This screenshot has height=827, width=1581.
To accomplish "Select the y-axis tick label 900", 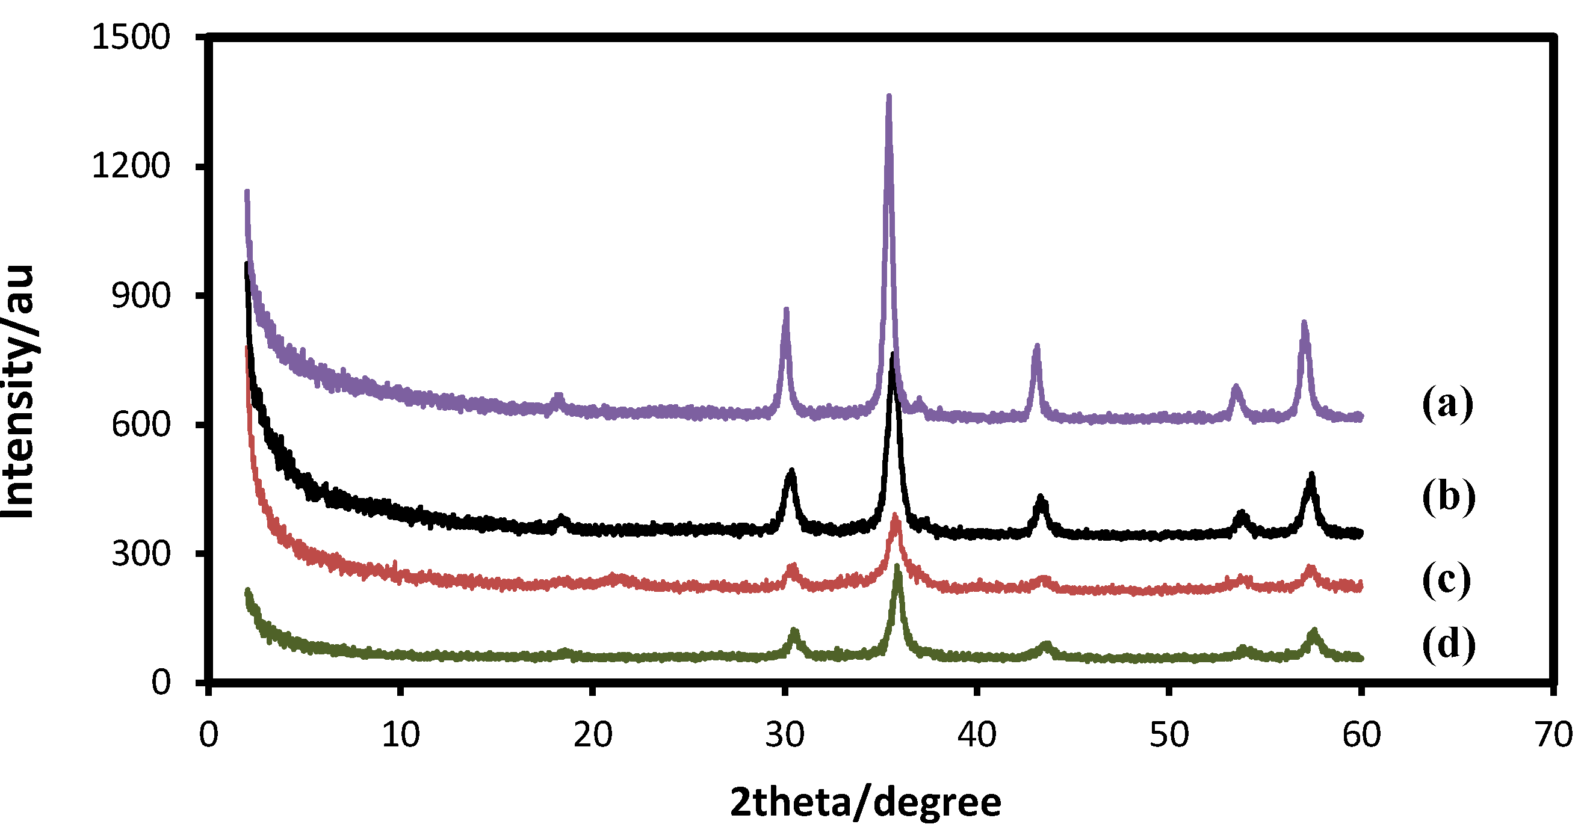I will [141, 296].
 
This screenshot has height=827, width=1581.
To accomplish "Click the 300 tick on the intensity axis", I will [141, 553].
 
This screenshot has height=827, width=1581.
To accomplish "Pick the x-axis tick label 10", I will [401, 734].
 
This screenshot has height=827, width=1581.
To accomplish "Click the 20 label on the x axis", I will [593, 734].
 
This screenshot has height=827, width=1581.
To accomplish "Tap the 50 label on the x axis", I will [1169, 734].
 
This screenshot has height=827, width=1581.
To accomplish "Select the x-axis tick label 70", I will [1553, 734].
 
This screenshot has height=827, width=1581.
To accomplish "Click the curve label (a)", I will [1448, 403].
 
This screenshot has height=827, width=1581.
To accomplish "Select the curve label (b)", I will [1449, 496].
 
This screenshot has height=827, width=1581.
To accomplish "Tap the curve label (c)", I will [1447, 579].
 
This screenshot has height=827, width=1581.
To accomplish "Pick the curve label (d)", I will [1449, 644].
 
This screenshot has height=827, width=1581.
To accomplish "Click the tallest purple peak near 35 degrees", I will [889, 98].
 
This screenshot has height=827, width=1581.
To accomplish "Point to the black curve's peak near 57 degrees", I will [1311, 476].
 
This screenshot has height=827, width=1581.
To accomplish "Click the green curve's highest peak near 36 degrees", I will [897, 568].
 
